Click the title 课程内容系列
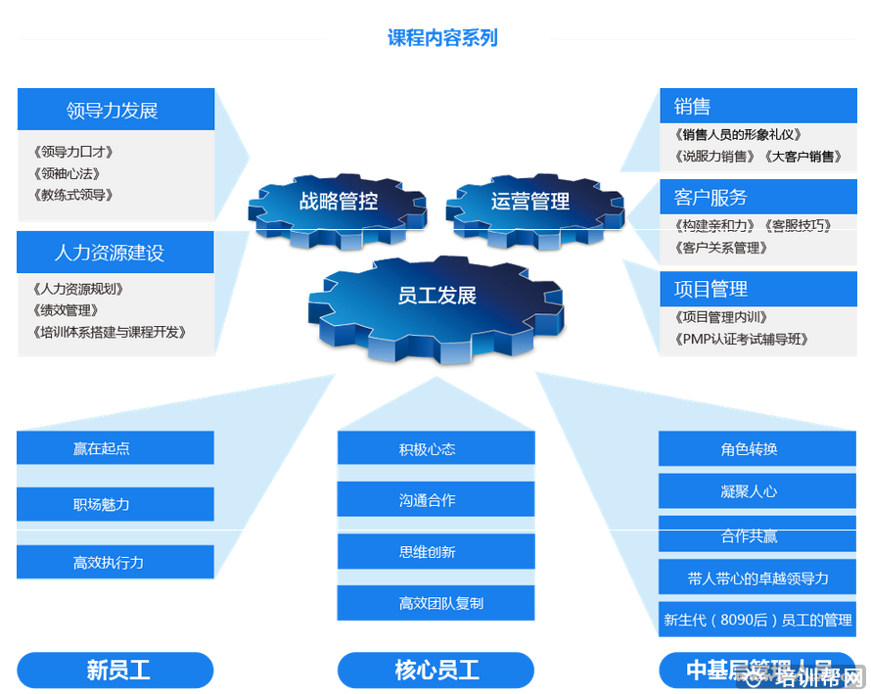(x=442, y=38)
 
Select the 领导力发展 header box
(x=115, y=110)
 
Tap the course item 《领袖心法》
(x=67, y=173)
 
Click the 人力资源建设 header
(x=115, y=253)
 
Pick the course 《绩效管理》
(x=67, y=310)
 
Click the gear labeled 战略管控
(x=338, y=202)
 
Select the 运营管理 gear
(x=530, y=202)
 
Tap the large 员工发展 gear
(x=436, y=296)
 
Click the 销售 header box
(x=757, y=107)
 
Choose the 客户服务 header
(x=757, y=198)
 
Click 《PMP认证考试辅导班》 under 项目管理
(x=742, y=340)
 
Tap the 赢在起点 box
(x=115, y=448)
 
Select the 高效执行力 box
(x=115, y=562)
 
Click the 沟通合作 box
(x=435, y=500)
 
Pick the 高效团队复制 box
(x=435, y=603)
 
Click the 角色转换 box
(x=756, y=449)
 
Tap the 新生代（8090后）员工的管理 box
(x=756, y=620)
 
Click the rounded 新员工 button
(x=115, y=671)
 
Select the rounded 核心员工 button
(x=435, y=671)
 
